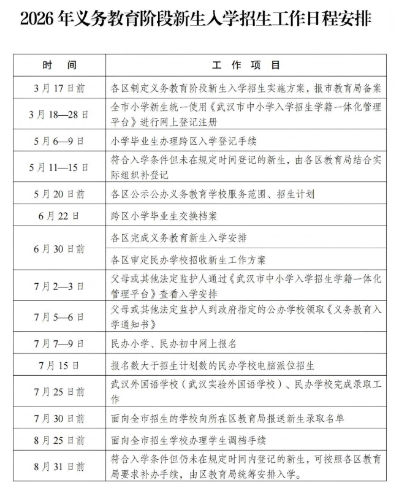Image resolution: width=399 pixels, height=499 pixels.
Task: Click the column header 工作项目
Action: [246, 65]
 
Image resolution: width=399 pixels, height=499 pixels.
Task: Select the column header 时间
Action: [59, 65]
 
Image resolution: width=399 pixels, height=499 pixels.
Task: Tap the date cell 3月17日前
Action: [59, 88]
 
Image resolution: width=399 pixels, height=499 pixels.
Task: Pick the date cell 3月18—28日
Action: [59, 115]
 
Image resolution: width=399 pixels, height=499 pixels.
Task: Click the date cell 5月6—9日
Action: [59, 141]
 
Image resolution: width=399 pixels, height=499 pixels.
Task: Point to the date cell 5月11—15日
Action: [59, 167]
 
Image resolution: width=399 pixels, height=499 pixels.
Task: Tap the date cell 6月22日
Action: [59, 216]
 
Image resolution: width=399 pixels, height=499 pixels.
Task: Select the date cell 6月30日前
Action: [59, 249]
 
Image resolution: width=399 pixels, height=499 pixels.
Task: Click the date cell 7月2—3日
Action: [59, 285]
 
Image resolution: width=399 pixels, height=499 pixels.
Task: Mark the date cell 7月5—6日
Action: [59, 317]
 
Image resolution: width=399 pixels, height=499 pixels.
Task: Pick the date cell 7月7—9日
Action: [59, 343]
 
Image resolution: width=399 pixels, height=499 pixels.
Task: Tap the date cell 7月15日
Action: [59, 366]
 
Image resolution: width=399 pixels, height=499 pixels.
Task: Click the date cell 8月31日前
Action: [59, 467]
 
